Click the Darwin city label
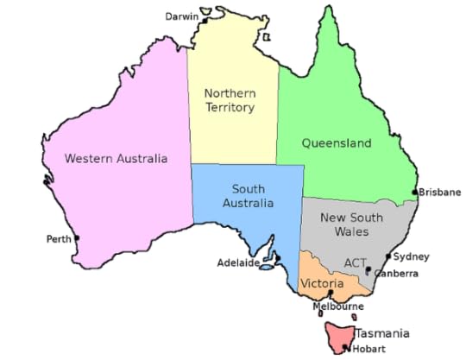pos(182,16)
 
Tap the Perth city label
pos(59,239)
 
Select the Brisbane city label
pos(440,193)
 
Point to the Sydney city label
pos(412,256)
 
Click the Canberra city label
pos(396,274)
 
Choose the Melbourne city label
pos(337,306)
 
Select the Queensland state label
pos(336,142)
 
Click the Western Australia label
pos(116,158)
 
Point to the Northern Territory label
pos(230,100)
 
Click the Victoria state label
pos(321,283)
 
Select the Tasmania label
pos(381,333)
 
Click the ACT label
pos(355,262)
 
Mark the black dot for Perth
pos(77,238)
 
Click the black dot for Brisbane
pos(415,192)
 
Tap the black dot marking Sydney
pos(387,256)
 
